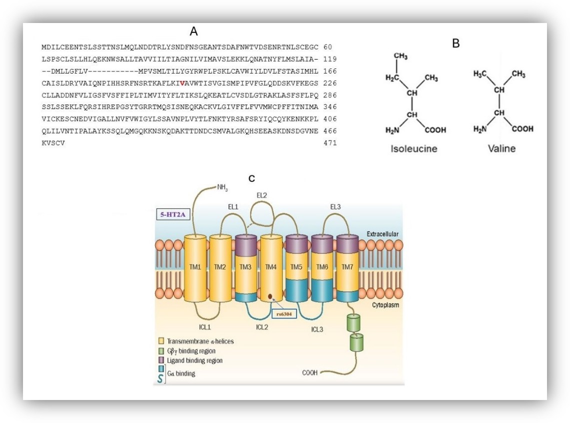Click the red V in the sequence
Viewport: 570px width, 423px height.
pos(182,83)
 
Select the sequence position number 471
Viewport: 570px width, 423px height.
pos(330,143)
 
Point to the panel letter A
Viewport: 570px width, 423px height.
pos(194,31)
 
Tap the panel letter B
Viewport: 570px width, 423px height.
pos(456,43)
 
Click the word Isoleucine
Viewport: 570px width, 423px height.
pos(413,148)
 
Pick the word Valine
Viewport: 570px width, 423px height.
pos(501,148)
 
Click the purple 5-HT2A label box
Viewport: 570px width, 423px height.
pos(173,214)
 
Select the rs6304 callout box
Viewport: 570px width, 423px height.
pos(284,314)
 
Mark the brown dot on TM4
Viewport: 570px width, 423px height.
pos(270,296)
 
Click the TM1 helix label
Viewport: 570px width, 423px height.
pos(195,267)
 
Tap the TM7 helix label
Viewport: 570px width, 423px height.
pos(347,267)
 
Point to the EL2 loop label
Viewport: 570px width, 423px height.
pos(261,195)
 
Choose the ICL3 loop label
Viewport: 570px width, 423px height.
pos(317,329)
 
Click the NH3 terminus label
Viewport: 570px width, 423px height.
pos(222,187)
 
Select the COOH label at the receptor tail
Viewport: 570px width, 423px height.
pos(309,373)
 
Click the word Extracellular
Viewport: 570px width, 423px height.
pos(382,234)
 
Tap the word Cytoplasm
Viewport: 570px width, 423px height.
pos(385,305)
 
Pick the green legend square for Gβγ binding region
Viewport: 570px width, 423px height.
pos(161,351)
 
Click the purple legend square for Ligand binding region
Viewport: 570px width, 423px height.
pos(161,360)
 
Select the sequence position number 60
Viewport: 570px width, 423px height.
pos(327,47)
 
